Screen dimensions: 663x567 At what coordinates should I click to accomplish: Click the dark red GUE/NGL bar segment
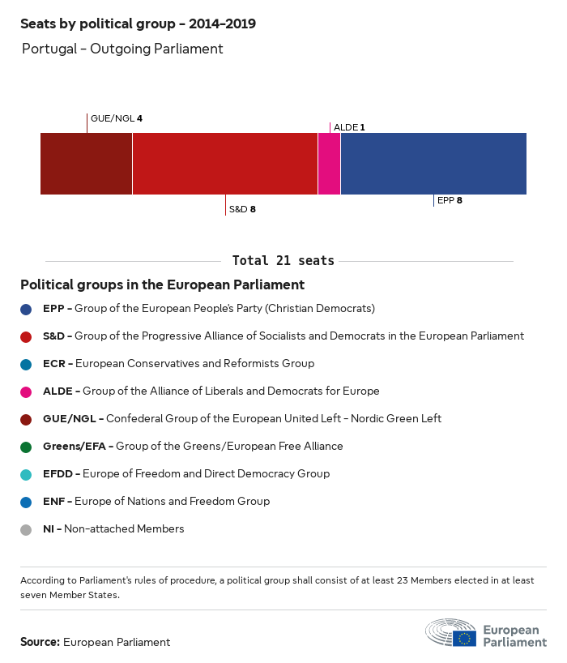point(86,164)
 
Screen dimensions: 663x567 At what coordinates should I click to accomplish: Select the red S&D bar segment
point(224,164)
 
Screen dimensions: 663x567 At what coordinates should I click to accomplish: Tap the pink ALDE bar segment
point(329,164)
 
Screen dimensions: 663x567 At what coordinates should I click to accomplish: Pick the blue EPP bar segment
point(433,164)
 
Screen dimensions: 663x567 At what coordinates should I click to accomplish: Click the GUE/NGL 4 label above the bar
point(117,118)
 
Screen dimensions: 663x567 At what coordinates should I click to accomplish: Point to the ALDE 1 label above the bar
point(349,127)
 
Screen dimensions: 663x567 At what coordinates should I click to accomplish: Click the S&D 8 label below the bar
point(242,209)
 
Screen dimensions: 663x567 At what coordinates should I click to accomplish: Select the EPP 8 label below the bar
point(450,199)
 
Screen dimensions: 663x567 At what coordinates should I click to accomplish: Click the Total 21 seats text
point(283,260)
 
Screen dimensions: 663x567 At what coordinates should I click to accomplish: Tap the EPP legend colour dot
point(27,309)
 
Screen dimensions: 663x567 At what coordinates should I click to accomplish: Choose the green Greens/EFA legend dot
point(27,447)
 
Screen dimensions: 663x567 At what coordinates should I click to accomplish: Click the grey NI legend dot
point(27,529)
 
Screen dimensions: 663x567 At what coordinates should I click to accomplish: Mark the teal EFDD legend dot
point(27,474)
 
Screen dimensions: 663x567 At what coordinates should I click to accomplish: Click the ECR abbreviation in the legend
point(54,363)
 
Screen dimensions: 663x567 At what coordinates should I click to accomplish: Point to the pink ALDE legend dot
point(27,391)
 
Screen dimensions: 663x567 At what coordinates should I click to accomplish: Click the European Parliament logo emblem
point(451,633)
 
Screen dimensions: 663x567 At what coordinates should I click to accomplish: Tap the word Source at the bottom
point(40,642)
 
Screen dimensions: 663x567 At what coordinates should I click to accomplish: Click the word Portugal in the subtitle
point(49,49)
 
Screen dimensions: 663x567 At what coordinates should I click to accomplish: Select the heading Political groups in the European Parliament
point(162,284)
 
